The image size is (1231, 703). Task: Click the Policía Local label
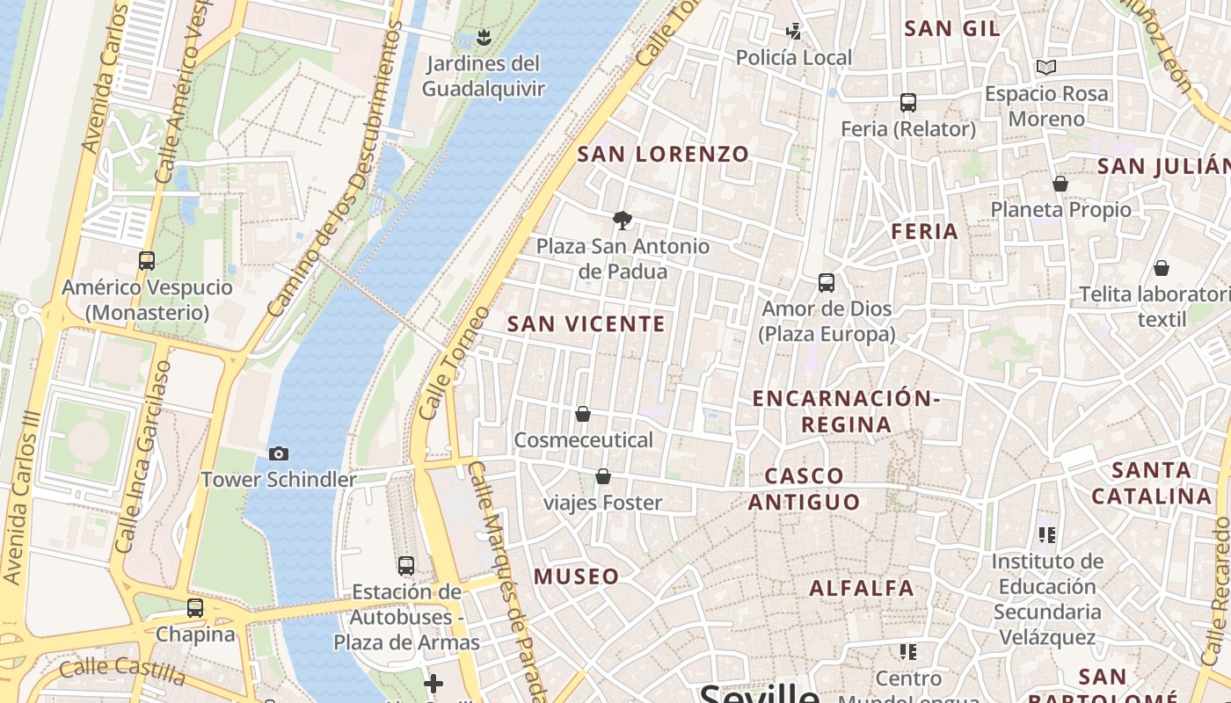coord(793,58)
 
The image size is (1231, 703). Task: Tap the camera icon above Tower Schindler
coord(279,454)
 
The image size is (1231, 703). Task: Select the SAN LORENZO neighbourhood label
coord(663,155)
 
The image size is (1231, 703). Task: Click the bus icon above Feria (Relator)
coord(908,103)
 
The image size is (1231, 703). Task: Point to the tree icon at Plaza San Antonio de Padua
coord(623,220)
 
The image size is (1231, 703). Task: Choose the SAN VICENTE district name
coord(586,324)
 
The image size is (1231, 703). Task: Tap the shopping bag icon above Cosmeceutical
coord(582,414)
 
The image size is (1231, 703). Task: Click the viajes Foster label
coord(603,503)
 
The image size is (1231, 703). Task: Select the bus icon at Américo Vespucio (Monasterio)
coord(147,261)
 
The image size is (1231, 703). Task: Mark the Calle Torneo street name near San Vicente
coord(453,362)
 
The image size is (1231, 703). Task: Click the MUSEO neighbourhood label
coord(577,577)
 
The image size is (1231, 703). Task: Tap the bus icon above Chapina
coord(195,608)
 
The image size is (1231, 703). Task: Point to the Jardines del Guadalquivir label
coord(483,76)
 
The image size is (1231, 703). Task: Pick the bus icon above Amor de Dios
coord(827,283)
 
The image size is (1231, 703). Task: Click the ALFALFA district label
coord(862,589)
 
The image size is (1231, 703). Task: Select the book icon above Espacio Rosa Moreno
coord(1045,68)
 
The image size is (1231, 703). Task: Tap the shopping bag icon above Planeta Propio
coord(1060,185)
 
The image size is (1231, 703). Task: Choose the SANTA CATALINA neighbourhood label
coord(1152,483)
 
